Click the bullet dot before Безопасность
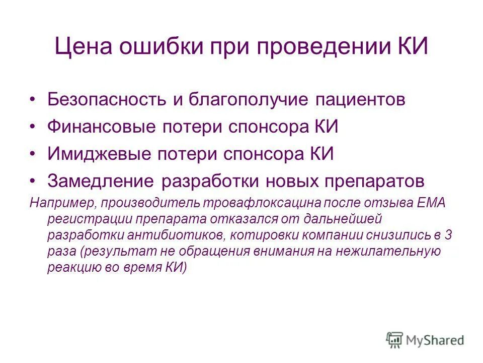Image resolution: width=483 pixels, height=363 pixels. click(33, 99)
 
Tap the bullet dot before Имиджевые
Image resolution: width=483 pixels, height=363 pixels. click(33, 153)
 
